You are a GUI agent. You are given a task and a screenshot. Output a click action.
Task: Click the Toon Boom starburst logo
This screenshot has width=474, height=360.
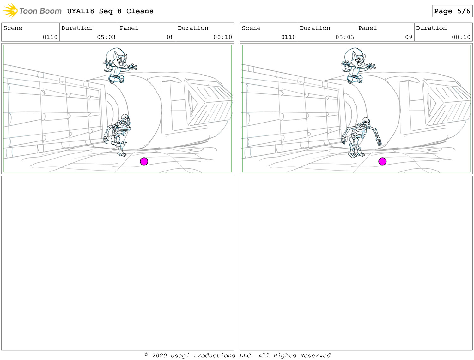pos(10,10)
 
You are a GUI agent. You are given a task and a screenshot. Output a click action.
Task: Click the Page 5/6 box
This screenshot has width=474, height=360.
pos(452,11)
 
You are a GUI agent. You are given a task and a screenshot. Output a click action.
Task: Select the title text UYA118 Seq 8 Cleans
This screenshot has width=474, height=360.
pos(110,11)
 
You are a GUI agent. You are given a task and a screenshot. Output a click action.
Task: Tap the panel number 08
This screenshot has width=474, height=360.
pos(170,37)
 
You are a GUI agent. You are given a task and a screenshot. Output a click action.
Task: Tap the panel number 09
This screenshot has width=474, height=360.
pos(409,37)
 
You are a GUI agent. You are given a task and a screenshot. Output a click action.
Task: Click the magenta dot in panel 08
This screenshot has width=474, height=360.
pos(144,161)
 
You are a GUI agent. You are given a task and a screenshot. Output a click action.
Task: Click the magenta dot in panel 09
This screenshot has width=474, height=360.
pos(382,161)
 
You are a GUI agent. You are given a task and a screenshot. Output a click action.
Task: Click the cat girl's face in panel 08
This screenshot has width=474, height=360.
pos(121,60)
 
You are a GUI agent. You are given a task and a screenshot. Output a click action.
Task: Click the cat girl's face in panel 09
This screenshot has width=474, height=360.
pos(359,60)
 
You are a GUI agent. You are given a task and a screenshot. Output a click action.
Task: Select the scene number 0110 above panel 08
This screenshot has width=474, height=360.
pos(50,37)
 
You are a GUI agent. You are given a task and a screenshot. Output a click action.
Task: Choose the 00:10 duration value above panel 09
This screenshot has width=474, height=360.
pos(461,37)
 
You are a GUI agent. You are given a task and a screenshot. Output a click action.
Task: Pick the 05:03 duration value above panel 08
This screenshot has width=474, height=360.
pos(106,37)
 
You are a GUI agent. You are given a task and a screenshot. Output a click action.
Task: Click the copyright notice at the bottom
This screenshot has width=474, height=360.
pos(238,356)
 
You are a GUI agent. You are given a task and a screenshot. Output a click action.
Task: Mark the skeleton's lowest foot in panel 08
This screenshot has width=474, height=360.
pos(122,154)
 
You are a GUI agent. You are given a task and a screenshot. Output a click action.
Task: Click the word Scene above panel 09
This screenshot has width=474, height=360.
pos(251,28)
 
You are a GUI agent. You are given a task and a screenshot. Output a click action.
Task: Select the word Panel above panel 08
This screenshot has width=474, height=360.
pos(129,28)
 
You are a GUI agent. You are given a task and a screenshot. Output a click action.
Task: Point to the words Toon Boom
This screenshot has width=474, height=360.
pos(40,11)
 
